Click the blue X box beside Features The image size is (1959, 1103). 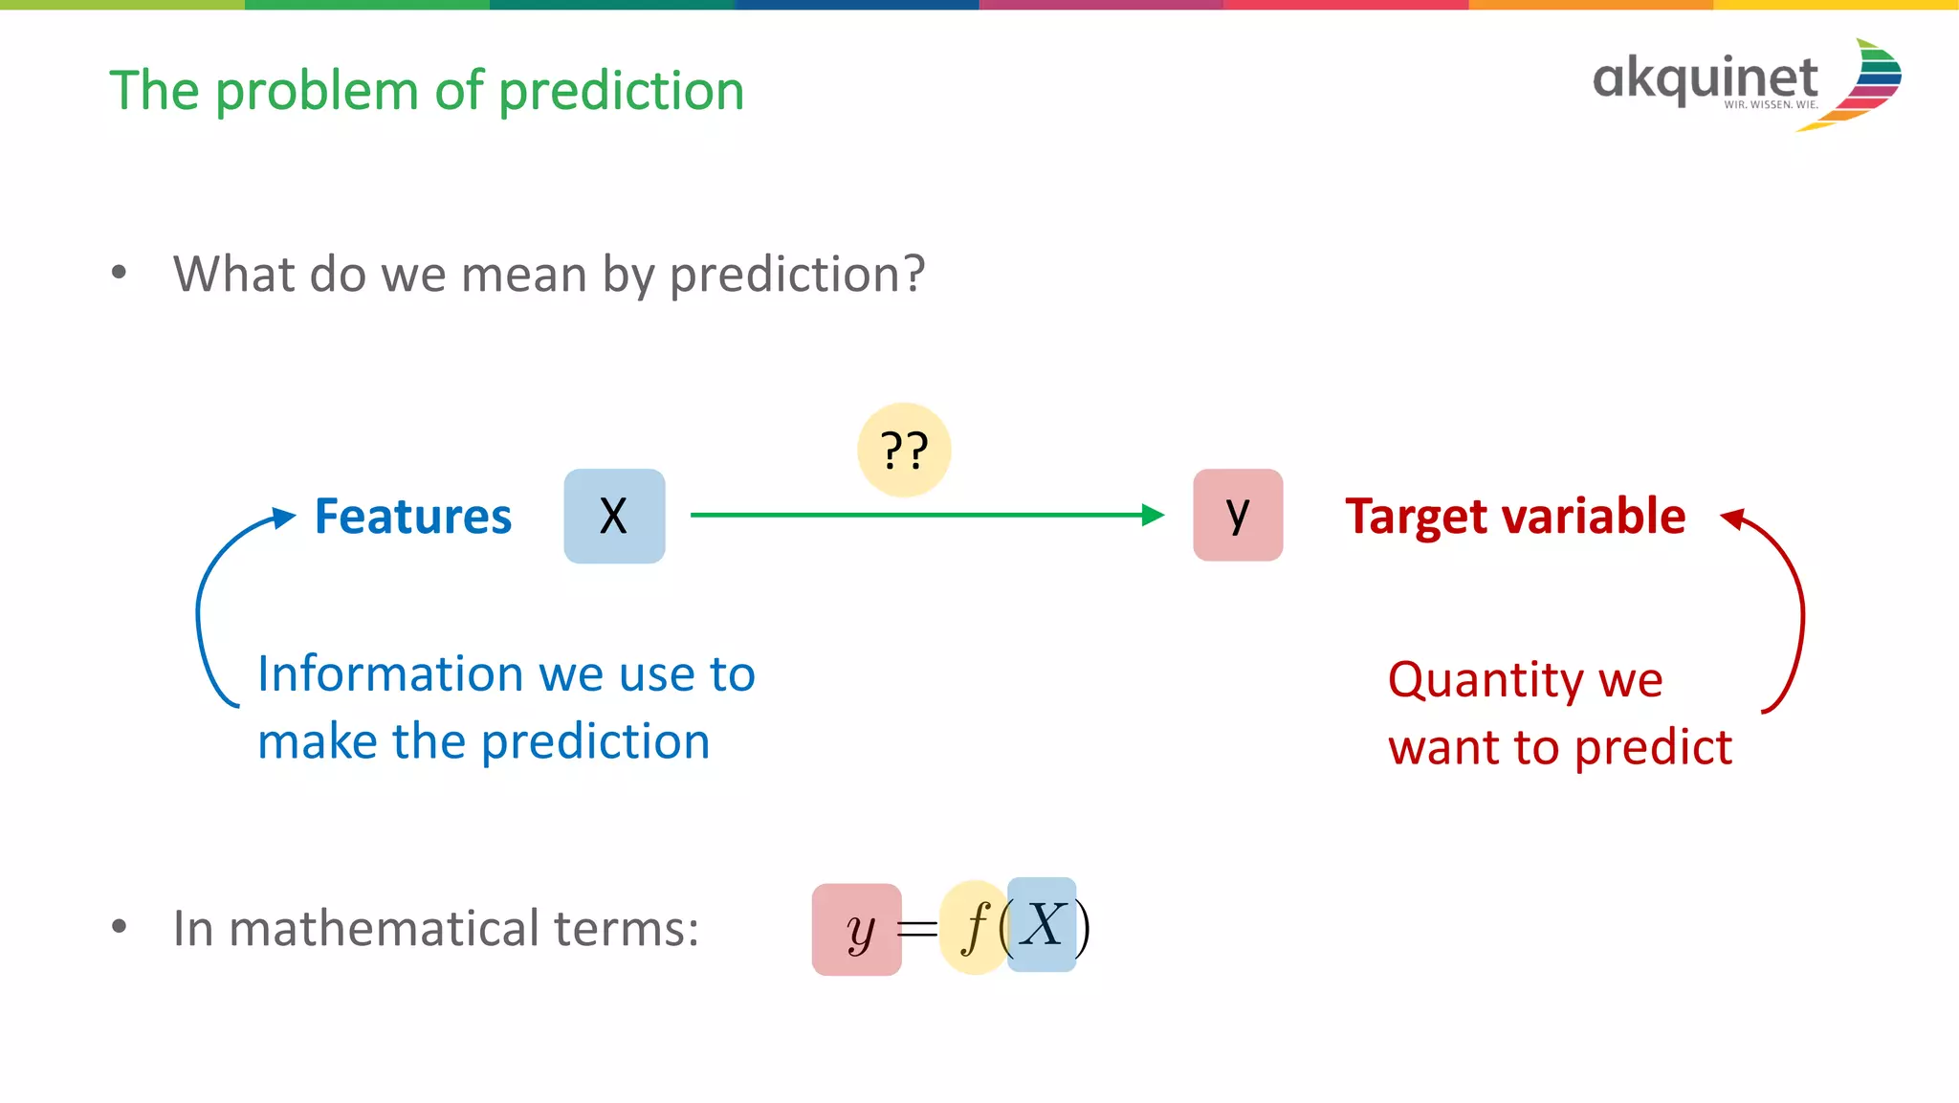click(x=614, y=516)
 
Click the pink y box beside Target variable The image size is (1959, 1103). click(x=1238, y=515)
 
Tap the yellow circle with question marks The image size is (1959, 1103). click(x=904, y=450)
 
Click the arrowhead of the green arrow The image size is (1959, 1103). click(x=1154, y=515)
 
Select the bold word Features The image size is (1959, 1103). click(x=413, y=517)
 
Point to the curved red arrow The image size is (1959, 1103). click(x=1799, y=612)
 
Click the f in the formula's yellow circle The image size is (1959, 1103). click(x=975, y=927)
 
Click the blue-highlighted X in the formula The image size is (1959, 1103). click(x=1042, y=925)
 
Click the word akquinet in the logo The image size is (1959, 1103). click(x=1705, y=77)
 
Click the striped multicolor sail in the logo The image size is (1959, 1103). click(x=1870, y=84)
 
